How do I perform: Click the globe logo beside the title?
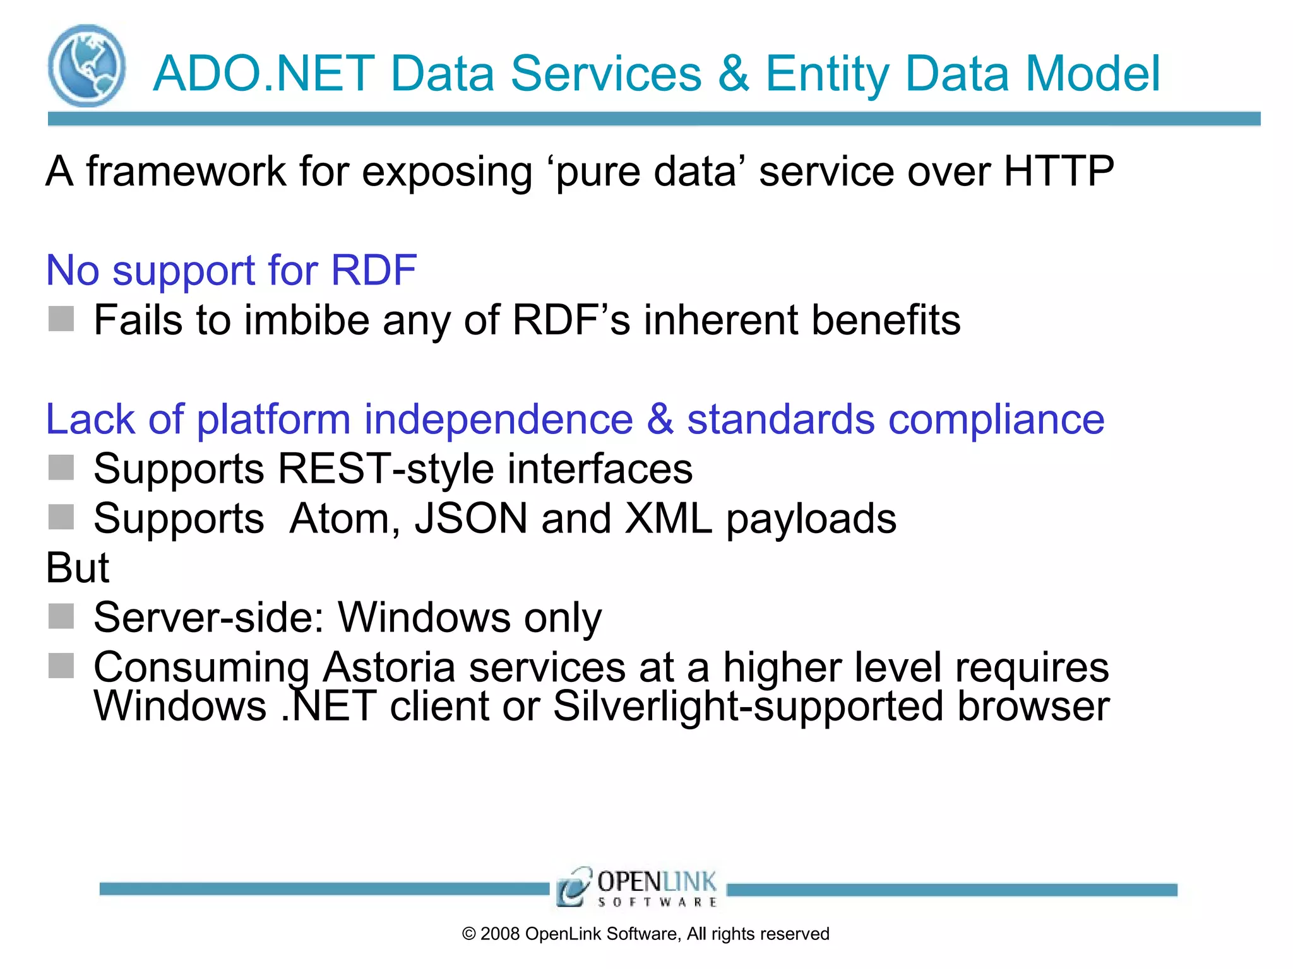[x=86, y=66]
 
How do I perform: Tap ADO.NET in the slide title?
[x=264, y=74]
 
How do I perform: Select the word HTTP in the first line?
[x=1059, y=171]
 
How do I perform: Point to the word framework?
[x=186, y=171]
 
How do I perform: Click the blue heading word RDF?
[x=373, y=270]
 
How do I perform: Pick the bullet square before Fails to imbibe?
[x=61, y=319]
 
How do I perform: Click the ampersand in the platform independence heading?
[x=660, y=420]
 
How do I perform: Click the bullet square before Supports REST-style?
[x=61, y=467]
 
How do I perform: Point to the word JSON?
[x=470, y=519]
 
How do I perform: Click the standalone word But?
[x=77, y=568]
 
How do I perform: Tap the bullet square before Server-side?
[x=61, y=616]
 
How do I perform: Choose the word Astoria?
[x=389, y=667]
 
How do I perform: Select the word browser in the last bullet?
[x=1033, y=706]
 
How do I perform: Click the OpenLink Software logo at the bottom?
[x=636, y=888]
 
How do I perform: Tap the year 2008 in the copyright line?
[x=499, y=934]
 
